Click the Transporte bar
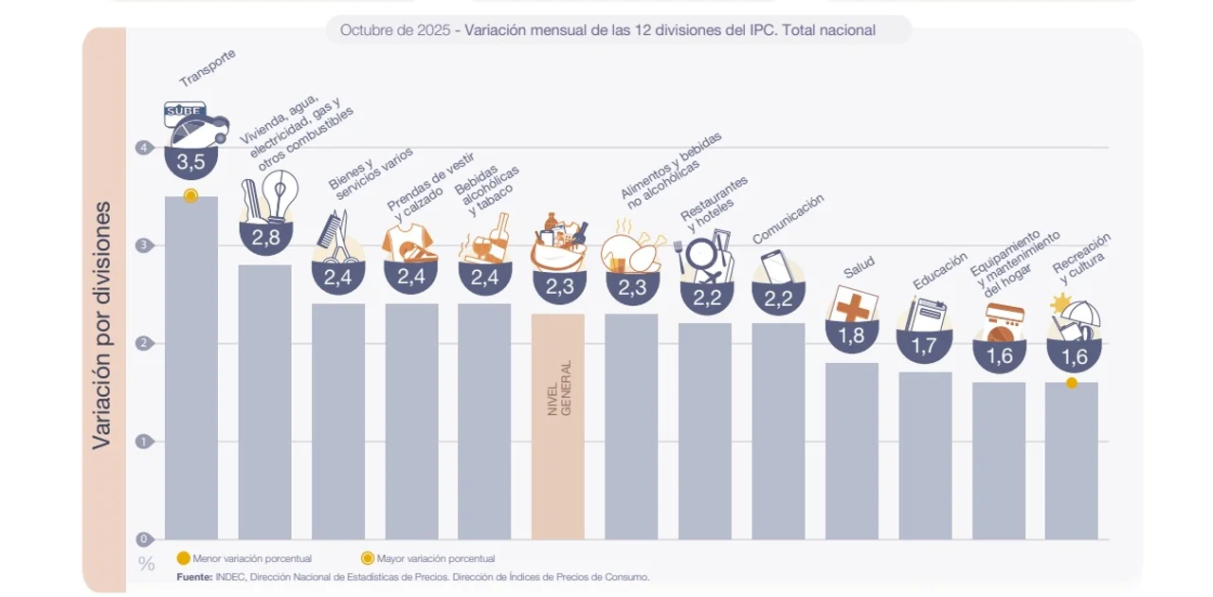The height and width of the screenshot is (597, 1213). point(191,370)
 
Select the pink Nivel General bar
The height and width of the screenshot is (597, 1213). point(557,426)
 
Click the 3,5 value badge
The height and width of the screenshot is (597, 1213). point(191,162)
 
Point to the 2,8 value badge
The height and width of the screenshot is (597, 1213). point(265,237)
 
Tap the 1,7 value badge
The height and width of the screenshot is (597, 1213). point(924,346)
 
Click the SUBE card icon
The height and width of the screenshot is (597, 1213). point(185,112)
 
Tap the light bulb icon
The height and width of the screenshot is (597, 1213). point(281,192)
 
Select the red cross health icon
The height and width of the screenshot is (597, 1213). point(853,305)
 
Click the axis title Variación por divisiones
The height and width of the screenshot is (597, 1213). point(102,325)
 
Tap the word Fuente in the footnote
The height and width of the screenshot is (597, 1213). point(194,576)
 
